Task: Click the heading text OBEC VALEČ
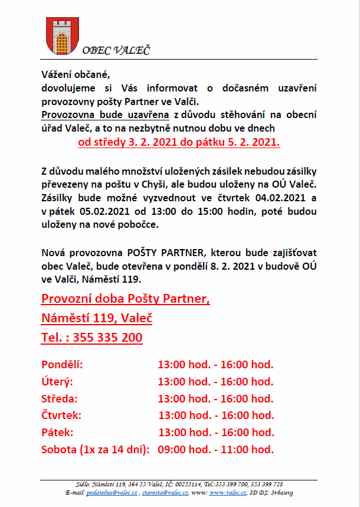click(116, 50)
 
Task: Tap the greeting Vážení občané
click(76, 75)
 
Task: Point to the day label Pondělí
click(62, 365)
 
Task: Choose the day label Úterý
click(57, 381)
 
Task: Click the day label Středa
click(60, 398)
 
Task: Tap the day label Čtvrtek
click(61, 416)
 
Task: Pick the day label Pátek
click(57, 432)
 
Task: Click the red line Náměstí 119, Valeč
click(97, 318)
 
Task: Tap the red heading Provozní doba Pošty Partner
click(126, 299)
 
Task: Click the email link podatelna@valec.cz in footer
click(112, 492)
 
